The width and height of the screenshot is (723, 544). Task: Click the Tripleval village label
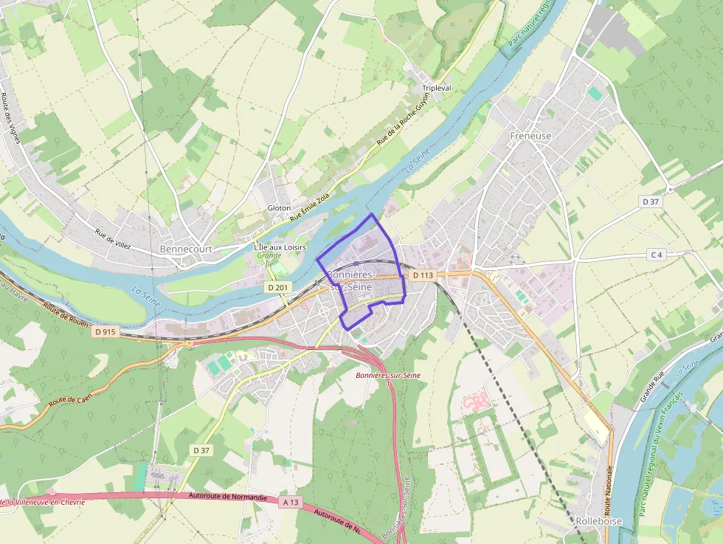pyautogui.click(x=436, y=88)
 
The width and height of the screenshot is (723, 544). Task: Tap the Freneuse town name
pyautogui.click(x=530, y=136)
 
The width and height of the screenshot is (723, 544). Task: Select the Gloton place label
pyautogui.click(x=279, y=208)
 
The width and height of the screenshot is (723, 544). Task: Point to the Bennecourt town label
pyautogui.click(x=186, y=249)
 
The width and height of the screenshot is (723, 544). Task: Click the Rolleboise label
pyautogui.click(x=598, y=521)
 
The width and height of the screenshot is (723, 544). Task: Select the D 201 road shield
pyautogui.click(x=277, y=286)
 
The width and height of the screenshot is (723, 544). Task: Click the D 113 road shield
pyautogui.click(x=423, y=275)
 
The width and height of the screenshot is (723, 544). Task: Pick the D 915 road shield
pyautogui.click(x=105, y=332)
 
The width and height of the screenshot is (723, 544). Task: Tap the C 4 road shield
pyautogui.click(x=657, y=255)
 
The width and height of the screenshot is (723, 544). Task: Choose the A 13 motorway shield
pyautogui.click(x=291, y=502)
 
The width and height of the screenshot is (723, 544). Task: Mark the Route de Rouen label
pyautogui.click(x=66, y=314)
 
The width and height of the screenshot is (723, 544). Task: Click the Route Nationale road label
pyautogui.click(x=609, y=490)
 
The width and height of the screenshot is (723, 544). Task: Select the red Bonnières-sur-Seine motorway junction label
pyautogui.click(x=388, y=376)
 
